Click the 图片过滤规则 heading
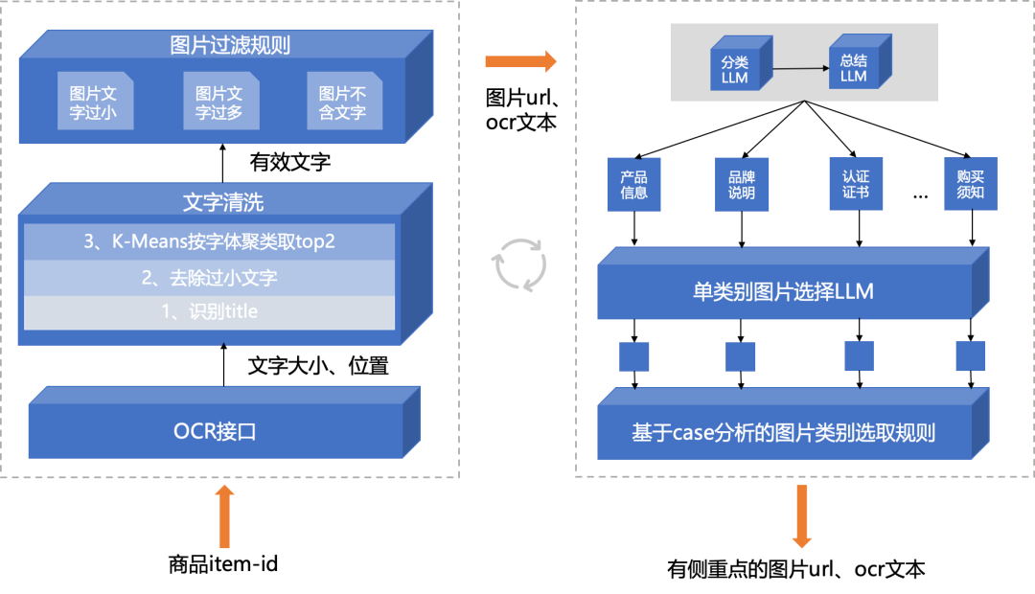(x=223, y=45)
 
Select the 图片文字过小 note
(x=94, y=102)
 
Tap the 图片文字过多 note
(x=219, y=102)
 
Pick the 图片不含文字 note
(x=343, y=102)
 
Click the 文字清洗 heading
(x=223, y=202)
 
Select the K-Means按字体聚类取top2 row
(x=209, y=241)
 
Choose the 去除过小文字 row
(x=209, y=278)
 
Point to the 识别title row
(x=209, y=311)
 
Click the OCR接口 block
(x=215, y=431)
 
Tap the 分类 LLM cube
(x=735, y=68)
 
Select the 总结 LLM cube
(x=853, y=68)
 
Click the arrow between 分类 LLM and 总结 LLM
(x=799, y=68)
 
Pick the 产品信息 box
(x=633, y=185)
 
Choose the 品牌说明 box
(x=742, y=185)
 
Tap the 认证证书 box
(x=856, y=185)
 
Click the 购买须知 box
(x=970, y=185)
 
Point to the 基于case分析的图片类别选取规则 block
(x=783, y=433)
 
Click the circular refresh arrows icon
(x=519, y=264)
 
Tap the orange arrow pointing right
(x=520, y=62)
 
